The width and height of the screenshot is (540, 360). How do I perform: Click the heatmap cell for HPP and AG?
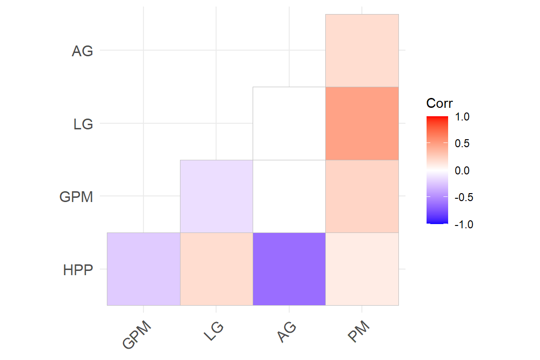289,269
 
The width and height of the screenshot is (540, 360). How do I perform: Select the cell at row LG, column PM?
362,123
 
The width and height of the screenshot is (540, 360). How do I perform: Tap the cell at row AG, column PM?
362,51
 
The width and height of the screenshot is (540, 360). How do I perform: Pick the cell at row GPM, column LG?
216,196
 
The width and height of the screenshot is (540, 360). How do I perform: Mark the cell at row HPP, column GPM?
143,269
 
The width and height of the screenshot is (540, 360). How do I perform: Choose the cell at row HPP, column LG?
216,269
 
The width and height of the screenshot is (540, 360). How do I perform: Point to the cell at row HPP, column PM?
362,269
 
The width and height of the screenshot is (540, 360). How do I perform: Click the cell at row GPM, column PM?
362,196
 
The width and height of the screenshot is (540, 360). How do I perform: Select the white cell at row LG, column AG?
289,123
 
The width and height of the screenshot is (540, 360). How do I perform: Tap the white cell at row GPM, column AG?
289,196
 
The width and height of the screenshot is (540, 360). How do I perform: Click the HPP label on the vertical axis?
78,270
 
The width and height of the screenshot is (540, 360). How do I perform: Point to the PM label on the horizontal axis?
360,332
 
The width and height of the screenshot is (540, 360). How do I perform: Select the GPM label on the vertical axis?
76,197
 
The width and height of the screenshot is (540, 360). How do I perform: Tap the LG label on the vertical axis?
83,125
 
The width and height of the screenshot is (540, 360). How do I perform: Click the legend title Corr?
439,103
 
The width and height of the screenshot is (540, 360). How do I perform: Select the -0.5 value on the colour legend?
464,197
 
